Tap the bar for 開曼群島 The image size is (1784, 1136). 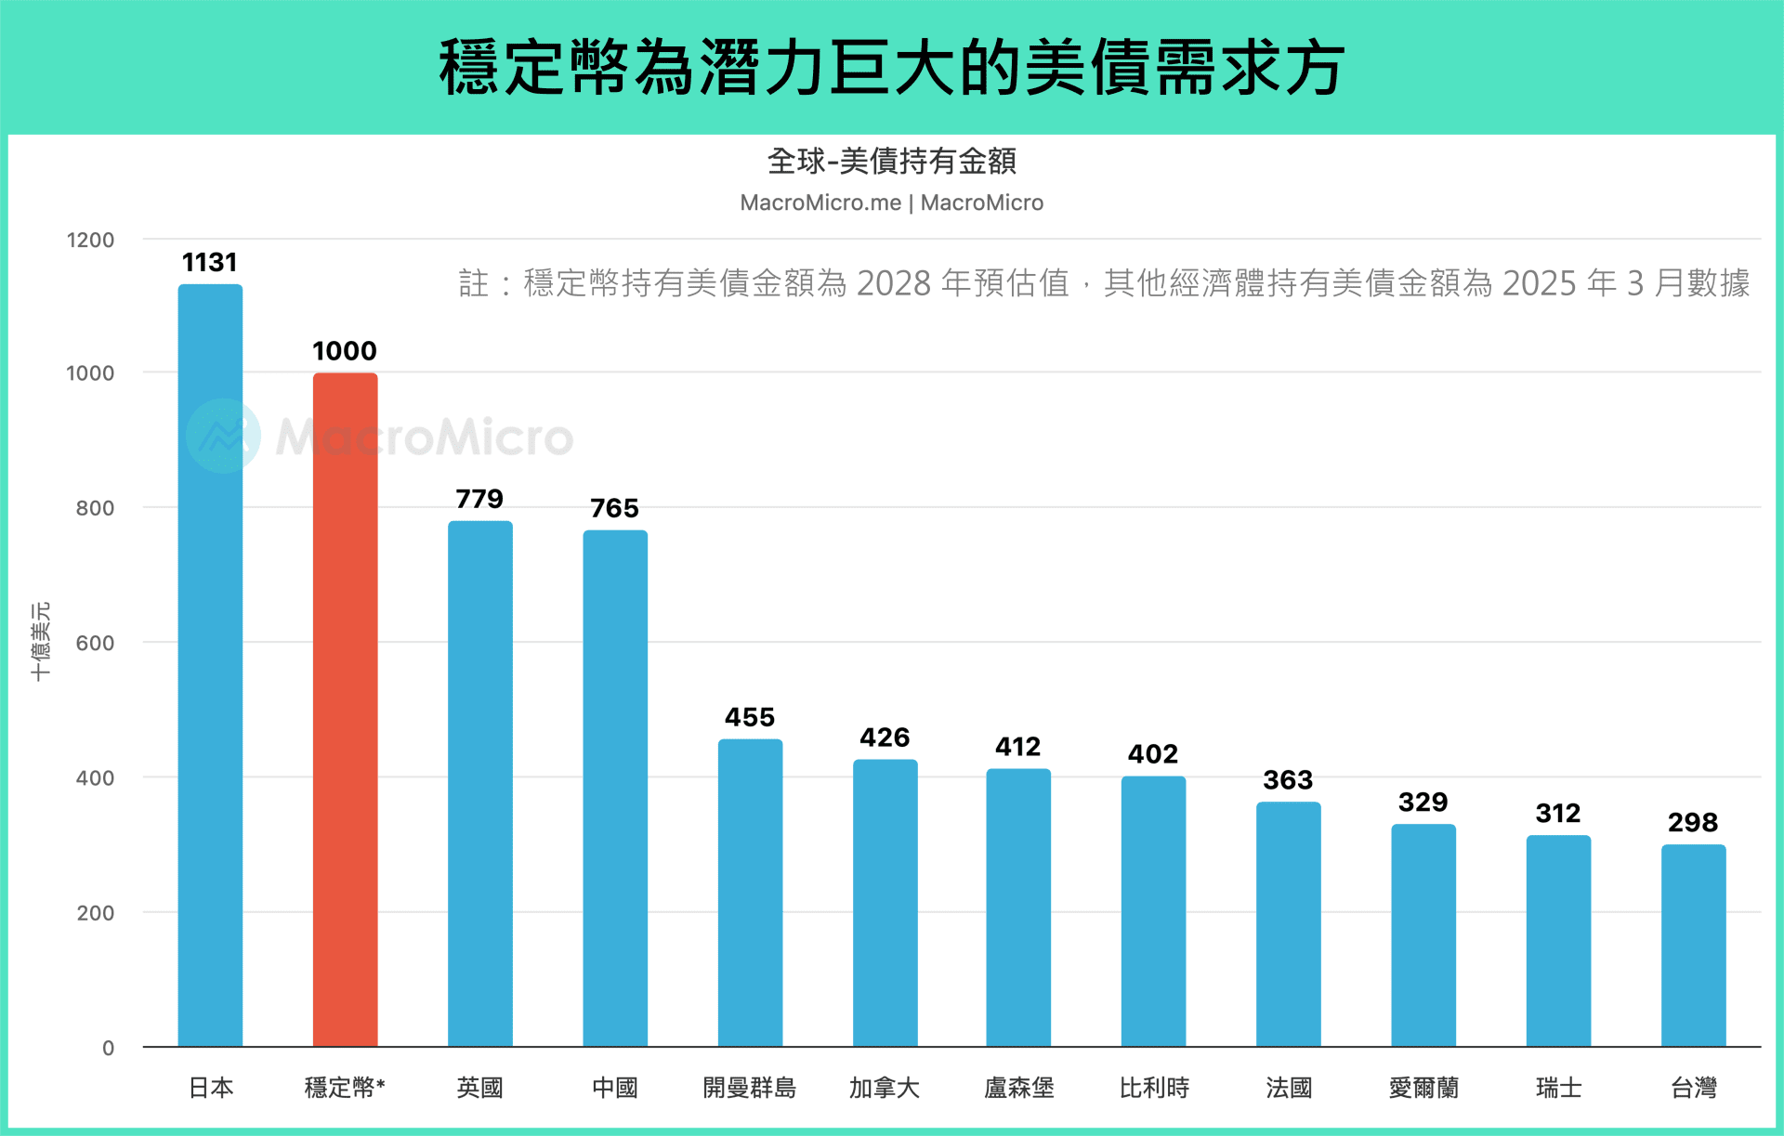click(750, 892)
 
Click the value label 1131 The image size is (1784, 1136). click(210, 263)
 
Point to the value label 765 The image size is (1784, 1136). click(614, 509)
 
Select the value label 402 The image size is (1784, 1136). click(1153, 754)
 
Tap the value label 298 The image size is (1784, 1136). click(1693, 823)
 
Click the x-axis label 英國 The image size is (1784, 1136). click(479, 1088)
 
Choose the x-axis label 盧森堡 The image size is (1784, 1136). click(1019, 1088)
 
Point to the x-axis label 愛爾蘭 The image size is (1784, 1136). click(1423, 1088)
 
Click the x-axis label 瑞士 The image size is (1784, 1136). click(1558, 1088)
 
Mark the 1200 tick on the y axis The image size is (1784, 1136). click(90, 241)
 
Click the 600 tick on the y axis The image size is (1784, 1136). click(95, 644)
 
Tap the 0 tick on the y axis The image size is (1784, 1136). click(108, 1049)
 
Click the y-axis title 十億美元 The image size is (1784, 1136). click(41, 642)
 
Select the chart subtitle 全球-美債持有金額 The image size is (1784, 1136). click(891, 162)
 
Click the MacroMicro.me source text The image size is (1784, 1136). click(820, 203)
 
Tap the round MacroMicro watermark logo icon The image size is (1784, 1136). click(223, 436)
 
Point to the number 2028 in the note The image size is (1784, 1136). click(893, 283)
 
